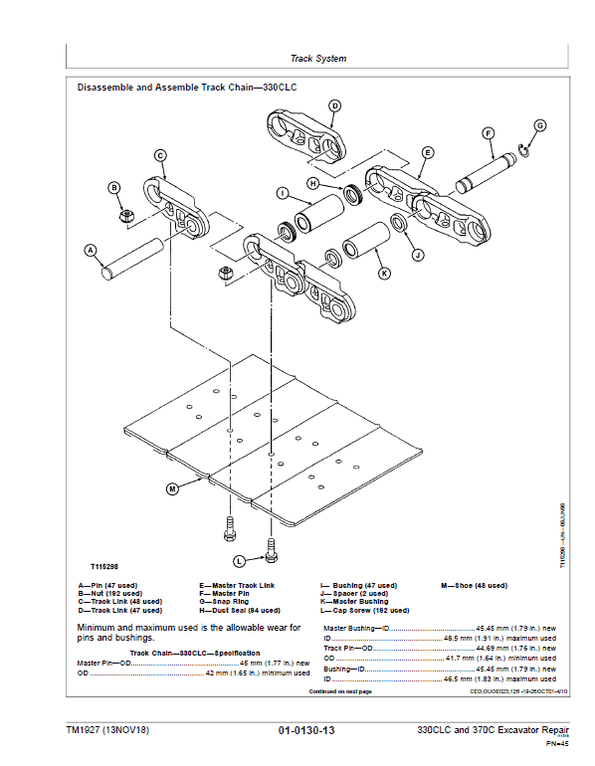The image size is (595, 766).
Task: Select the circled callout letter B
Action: [114, 188]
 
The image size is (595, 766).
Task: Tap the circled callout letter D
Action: [334, 105]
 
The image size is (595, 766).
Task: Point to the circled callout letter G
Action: [540, 125]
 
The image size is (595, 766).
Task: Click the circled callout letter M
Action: [172, 488]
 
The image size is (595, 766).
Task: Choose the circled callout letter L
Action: [239, 561]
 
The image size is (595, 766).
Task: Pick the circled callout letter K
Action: [384, 273]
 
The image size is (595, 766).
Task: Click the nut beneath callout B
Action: [127, 214]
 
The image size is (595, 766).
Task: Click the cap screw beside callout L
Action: [270, 546]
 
